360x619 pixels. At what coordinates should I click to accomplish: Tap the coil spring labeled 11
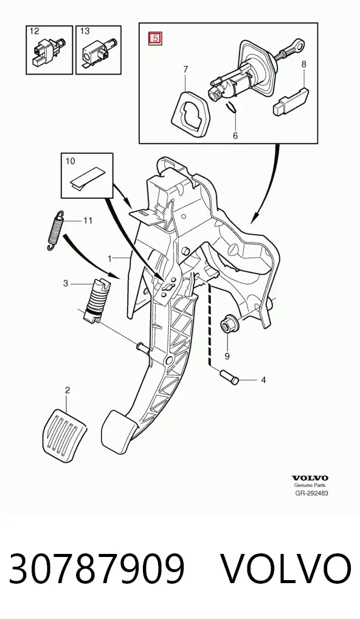pyautogui.click(x=55, y=230)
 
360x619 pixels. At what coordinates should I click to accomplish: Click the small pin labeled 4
pyautogui.click(x=228, y=376)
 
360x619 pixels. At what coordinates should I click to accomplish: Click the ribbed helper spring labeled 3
pyautogui.click(x=96, y=301)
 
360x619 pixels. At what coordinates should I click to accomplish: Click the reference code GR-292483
pyautogui.click(x=311, y=493)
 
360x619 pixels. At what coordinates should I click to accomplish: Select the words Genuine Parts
pyautogui.click(x=310, y=486)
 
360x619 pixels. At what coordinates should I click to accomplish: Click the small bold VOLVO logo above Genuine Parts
pyautogui.click(x=310, y=479)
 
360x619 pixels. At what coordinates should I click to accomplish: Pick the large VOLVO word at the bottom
pyautogui.click(x=286, y=569)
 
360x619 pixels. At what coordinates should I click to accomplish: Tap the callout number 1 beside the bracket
pyautogui.click(x=111, y=258)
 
